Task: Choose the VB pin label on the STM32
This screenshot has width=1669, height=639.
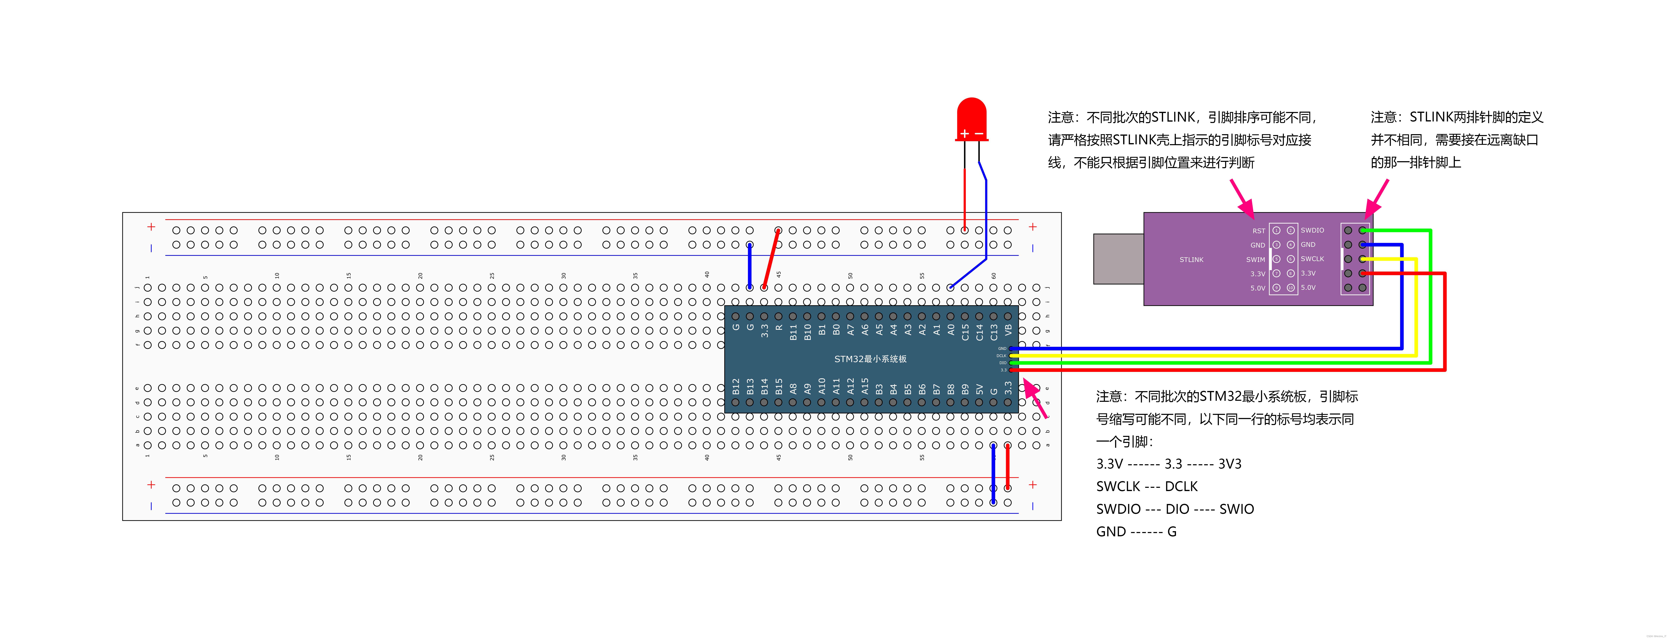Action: click(x=1008, y=331)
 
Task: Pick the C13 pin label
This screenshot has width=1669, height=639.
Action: click(x=994, y=332)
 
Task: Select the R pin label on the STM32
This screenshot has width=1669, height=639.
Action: click(x=779, y=328)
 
